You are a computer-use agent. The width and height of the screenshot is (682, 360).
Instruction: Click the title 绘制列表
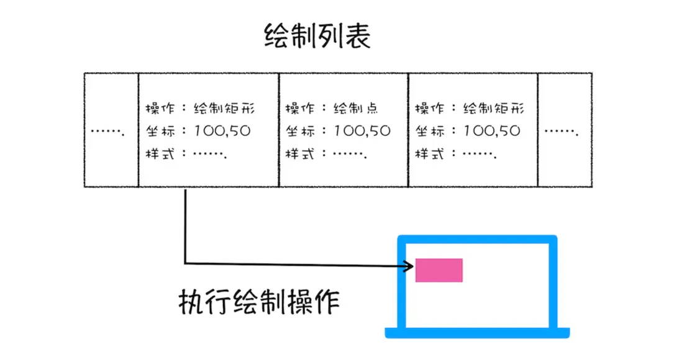click(x=317, y=36)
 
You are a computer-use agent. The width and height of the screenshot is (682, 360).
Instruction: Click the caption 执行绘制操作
click(x=259, y=302)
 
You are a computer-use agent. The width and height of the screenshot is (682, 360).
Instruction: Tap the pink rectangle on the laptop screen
click(x=439, y=270)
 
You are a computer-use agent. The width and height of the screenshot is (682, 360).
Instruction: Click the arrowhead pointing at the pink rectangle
click(x=409, y=266)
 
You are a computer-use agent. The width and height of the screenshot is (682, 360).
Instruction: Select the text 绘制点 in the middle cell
click(x=356, y=108)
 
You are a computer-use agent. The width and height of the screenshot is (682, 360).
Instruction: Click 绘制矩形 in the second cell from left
click(x=224, y=108)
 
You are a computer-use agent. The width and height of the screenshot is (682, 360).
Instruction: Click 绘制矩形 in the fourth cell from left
click(x=494, y=108)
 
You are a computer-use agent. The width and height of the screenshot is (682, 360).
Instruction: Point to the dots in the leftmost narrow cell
click(x=108, y=132)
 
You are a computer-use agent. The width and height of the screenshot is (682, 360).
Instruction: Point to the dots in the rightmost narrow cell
click(x=562, y=132)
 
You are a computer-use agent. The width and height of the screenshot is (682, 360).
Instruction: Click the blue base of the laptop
click(x=477, y=333)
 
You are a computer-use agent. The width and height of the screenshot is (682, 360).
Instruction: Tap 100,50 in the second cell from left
click(x=222, y=131)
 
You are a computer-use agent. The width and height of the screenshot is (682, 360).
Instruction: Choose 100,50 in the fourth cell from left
click(x=491, y=131)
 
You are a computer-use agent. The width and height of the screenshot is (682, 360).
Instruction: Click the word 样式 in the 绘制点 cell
click(x=299, y=153)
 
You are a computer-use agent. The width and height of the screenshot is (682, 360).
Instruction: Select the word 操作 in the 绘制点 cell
click(x=299, y=108)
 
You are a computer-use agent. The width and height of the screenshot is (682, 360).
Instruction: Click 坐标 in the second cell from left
click(x=160, y=131)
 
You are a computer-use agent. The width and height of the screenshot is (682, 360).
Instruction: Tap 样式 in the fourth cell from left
click(x=429, y=153)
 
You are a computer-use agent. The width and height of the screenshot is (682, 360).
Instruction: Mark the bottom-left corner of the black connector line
click(x=185, y=263)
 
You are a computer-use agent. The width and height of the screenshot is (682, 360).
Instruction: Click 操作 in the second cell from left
click(x=160, y=108)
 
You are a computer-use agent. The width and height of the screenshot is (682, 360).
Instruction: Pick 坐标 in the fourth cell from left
click(x=429, y=131)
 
